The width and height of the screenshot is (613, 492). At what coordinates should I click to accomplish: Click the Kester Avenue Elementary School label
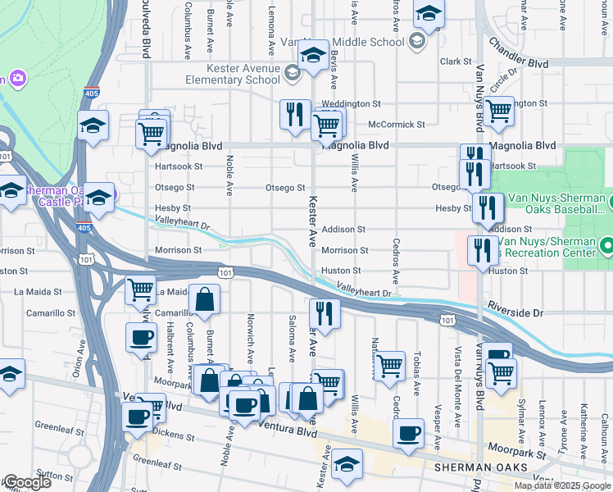(232, 75)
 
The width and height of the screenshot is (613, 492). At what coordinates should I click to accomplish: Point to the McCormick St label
(397, 125)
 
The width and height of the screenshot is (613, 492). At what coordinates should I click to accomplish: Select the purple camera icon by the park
(18, 79)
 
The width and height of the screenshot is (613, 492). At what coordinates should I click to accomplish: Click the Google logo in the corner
(26, 482)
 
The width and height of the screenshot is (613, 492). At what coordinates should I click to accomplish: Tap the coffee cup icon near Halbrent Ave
(141, 336)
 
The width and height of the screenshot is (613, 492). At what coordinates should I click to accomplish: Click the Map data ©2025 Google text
(561, 485)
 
